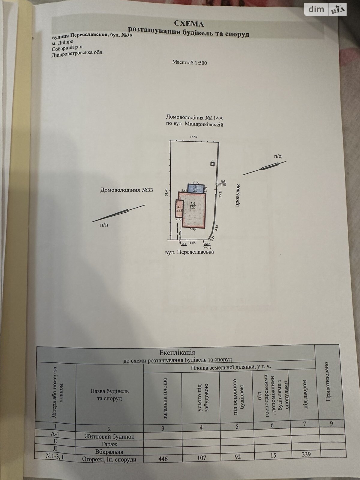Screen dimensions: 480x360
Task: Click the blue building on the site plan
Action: (x=195, y=188)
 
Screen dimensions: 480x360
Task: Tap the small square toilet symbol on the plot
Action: (x=212, y=163)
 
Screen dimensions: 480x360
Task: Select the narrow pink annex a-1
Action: (x=179, y=208)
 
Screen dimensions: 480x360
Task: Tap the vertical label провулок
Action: (x=237, y=197)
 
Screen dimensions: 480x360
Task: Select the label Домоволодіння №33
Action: (x=124, y=190)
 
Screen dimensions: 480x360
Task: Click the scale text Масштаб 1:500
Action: (x=190, y=62)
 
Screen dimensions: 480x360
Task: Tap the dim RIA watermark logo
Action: (x=325, y=10)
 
